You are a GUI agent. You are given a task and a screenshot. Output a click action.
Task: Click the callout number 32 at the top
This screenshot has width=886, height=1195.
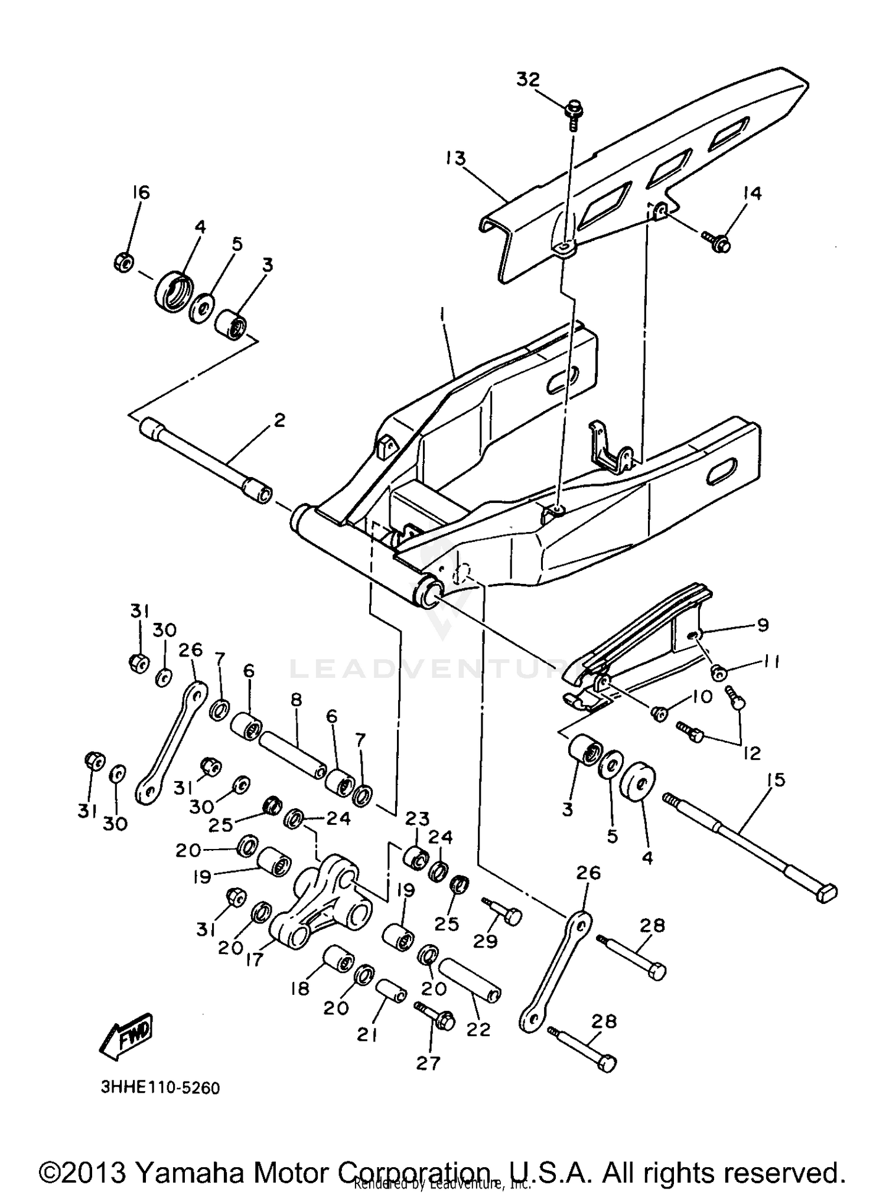coord(528,79)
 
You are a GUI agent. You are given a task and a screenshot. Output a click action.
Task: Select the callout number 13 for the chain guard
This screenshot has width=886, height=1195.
coord(455,159)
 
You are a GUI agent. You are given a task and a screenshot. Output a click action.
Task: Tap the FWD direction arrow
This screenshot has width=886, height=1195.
coord(126,1036)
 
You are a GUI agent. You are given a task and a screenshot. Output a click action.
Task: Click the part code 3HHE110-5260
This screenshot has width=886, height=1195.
coord(160,1088)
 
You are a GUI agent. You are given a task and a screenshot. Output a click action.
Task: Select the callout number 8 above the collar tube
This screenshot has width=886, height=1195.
coord(296,700)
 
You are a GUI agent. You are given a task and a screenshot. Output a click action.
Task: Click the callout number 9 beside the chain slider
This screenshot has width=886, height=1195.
coord(763,625)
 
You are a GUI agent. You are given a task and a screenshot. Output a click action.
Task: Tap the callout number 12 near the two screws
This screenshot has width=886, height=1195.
coord(751,753)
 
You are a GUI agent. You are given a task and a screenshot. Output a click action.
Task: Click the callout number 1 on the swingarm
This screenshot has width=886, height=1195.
coord(442,313)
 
